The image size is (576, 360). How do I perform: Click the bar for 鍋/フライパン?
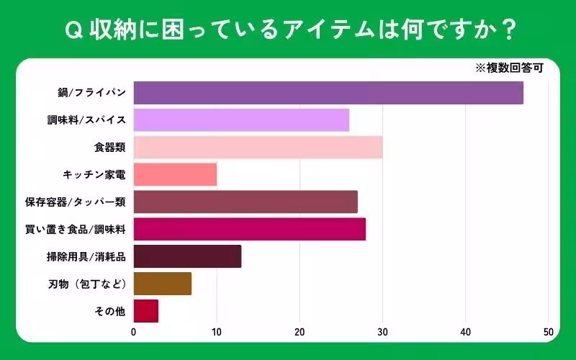328,93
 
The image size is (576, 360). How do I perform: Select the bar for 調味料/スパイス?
241,120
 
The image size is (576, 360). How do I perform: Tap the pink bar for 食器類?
258,148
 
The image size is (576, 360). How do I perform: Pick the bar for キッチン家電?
175,174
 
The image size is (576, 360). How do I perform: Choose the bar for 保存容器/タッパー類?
246,202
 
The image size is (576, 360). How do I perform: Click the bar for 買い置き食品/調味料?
250,229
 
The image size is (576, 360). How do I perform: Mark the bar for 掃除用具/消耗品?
187,256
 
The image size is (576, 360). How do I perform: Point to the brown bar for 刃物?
163,284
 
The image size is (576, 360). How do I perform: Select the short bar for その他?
146,311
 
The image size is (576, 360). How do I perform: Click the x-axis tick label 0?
134,333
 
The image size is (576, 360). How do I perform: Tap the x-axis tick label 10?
217,333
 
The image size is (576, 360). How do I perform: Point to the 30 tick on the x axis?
382,333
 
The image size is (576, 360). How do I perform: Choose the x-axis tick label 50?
548,333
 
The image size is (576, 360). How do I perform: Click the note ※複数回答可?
508,69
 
